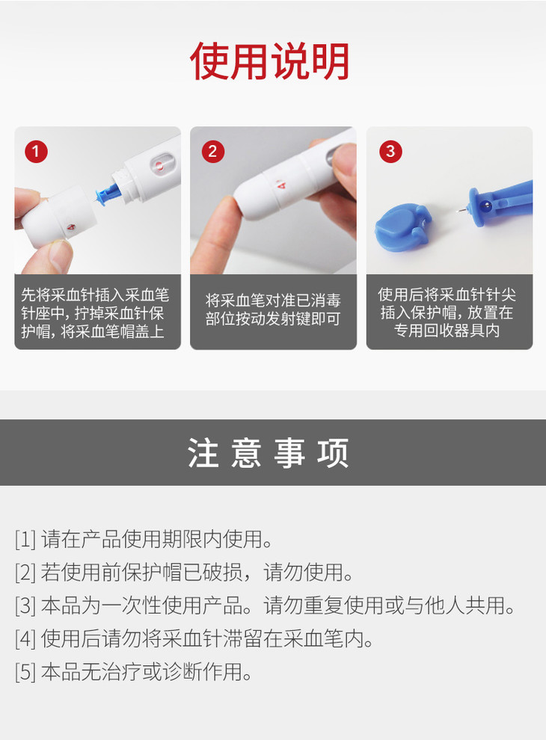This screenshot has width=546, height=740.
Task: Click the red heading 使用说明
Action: pos(270,61)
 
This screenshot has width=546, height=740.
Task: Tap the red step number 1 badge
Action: pos(36,152)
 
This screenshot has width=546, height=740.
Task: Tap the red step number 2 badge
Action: pos(212,152)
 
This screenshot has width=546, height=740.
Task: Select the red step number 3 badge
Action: pos(390,152)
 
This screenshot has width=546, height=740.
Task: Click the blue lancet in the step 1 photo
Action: pos(107,193)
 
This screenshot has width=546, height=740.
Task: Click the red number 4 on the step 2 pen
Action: pos(281,184)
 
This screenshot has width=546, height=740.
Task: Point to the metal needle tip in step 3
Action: pos(461,210)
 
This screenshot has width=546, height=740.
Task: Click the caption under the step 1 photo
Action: pos(95,312)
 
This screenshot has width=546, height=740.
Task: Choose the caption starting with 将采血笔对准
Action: pos(273,309)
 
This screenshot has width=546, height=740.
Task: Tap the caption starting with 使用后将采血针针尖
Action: pos(447,312)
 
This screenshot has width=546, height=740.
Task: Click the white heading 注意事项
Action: pos(269,452)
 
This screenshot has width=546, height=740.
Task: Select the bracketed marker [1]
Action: pos(25,540)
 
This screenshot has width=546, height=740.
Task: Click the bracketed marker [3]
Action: pos(25,605)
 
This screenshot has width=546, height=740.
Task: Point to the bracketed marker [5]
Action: pos(25,671)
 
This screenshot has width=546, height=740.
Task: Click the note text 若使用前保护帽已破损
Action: pos(141,573)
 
